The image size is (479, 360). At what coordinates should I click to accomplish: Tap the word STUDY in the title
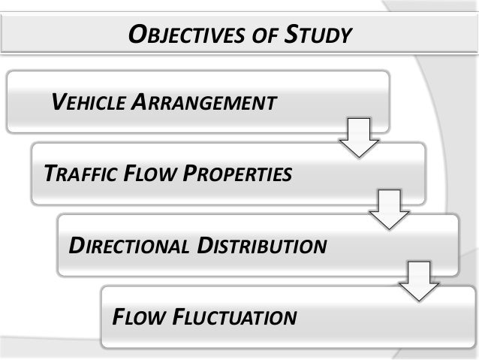pyautogui.click(x=318, y=34)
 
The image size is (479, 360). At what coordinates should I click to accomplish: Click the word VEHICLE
pyautogui.click(x=88, y=101)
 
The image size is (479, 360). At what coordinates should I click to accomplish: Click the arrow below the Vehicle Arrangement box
pyautogui.click(x=359, y=138)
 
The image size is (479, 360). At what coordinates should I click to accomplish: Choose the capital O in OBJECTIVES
pyautogui.click(x=137, y=34)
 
